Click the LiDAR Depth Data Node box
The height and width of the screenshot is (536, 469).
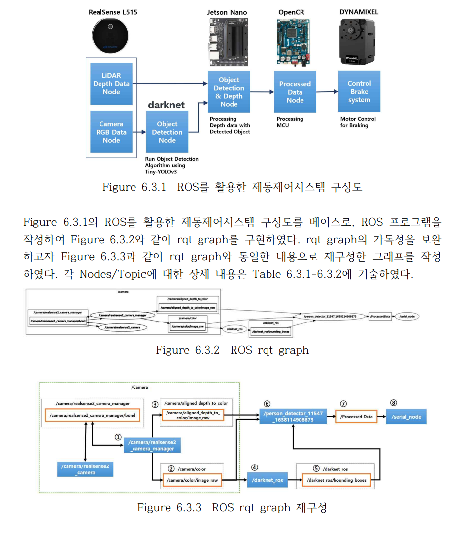[111, 84]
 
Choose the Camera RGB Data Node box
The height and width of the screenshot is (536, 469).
[111, 132]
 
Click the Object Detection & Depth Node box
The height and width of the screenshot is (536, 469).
[229, 92]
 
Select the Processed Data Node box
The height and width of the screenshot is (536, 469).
[295, 92]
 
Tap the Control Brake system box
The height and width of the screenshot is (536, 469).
[359, 92]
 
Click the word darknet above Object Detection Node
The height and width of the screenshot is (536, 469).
[167, 105]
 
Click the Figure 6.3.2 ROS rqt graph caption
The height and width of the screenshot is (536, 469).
[232, 350]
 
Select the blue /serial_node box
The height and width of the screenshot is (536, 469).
[406, 417]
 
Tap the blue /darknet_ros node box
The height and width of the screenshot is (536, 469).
[268, 480]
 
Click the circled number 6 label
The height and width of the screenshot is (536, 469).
[267, 404]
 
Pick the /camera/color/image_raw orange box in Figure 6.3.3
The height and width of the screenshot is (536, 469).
[192, 480]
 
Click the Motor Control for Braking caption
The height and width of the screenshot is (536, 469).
[358, 122]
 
